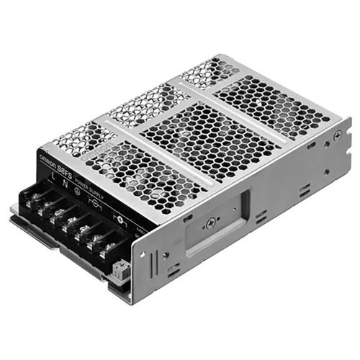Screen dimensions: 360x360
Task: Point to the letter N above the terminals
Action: click(57, 179)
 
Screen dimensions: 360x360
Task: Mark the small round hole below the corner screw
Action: click(334, 161)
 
